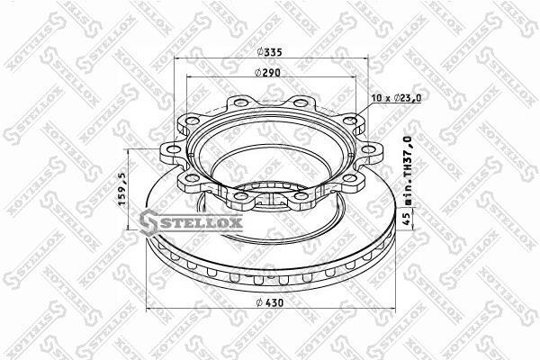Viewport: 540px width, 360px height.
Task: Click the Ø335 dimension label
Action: coord(270,52)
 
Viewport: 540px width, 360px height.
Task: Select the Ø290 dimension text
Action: coord(267,73)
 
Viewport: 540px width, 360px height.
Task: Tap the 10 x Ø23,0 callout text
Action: coord(396,98)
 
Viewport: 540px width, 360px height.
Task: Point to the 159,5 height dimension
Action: coord(122,189)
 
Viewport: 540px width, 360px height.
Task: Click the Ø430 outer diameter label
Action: coord(270,302)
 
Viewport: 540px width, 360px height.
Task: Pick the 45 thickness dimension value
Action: coord(407,219)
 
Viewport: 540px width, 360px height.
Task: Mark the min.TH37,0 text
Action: coord(408,171)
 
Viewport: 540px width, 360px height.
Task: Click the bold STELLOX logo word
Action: coord(201,223)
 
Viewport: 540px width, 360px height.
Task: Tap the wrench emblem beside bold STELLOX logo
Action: coord(148,222)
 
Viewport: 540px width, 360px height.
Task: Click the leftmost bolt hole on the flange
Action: coord(175,149)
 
